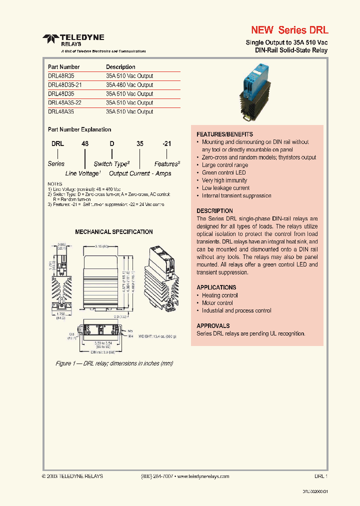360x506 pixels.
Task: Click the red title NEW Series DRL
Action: (x=289, y=30)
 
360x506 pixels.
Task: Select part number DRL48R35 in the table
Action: (x=61, y=76)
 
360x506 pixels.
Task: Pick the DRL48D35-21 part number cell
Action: (x=65, y=85)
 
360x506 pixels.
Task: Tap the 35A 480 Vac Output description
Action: (x=129, y=85)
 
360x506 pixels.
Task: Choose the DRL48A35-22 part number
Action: (x=65, y=103)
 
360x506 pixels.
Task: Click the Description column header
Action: (x=120, y=67)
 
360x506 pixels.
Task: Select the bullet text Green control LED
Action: (x=223, y=172)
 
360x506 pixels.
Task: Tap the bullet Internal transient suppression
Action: (x=236, y=195)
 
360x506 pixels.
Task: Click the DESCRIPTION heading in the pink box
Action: (x=214, y=211)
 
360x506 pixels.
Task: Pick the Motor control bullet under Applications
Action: (x=217, y=303)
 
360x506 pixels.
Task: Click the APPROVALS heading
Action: (x=213, y=325)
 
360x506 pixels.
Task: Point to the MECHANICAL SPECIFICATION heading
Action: (x=114, y=232)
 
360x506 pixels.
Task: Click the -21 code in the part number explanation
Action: (x=166, y=143)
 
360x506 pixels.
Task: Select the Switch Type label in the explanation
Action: (x=111, y=164)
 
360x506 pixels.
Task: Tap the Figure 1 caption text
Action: (x=114, y=363)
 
